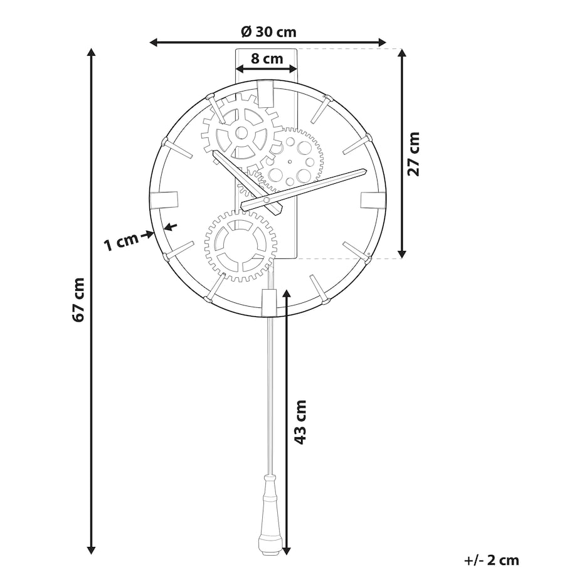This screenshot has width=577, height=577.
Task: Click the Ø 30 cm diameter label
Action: (268, 32)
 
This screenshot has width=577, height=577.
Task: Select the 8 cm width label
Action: (267, 58)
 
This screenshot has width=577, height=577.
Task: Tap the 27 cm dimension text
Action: (413, 154)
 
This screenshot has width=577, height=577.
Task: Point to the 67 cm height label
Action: (79, 300)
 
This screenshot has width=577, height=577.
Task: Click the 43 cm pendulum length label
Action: (300, 422)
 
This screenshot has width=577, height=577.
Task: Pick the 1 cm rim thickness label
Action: (121, 242)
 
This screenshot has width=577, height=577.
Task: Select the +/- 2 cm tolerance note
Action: (492, 560)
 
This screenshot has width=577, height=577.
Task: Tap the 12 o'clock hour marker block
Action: (266, 94)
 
